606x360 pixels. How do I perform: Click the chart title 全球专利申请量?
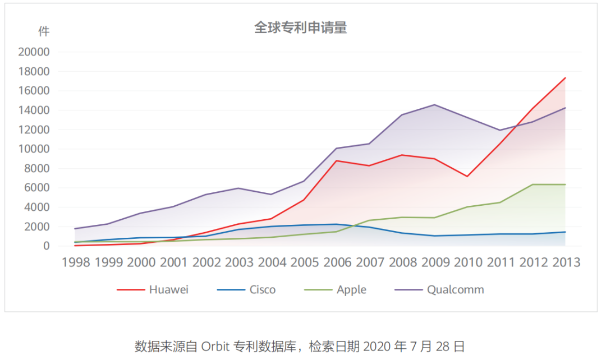click(x=301, y=28)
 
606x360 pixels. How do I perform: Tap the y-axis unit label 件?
click(x=44, y=31)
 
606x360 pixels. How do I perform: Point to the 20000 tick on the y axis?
click(x=34, y=52)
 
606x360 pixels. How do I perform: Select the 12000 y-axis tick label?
click(x=34, y=130)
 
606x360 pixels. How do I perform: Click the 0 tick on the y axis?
click(x=47, y=246)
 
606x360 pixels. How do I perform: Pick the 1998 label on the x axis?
click(x=76, y=262)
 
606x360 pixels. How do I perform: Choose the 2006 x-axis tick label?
click(x=337, y=262)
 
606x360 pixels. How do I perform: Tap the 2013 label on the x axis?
click(x=566, y=262)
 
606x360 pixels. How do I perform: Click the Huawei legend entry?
click(x=153, y=290)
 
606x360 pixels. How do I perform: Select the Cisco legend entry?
click(x=246, y=290)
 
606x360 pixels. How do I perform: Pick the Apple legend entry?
click(x=335, y=290)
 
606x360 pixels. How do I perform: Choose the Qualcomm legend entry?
click(x=439, y=290)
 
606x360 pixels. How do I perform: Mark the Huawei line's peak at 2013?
click(x=565, y=78)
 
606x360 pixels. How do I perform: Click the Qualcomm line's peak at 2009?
click(x=434, y=105)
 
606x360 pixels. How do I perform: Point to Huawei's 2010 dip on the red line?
click(x=467, y=177)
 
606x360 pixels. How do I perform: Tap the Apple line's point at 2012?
click(x=532, y=184)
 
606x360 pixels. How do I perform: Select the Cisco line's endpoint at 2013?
click(x=565, y=232)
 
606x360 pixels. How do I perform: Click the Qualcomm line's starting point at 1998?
click(x=75, y=229)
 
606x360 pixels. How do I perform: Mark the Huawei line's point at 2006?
click(x=337, y=161)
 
